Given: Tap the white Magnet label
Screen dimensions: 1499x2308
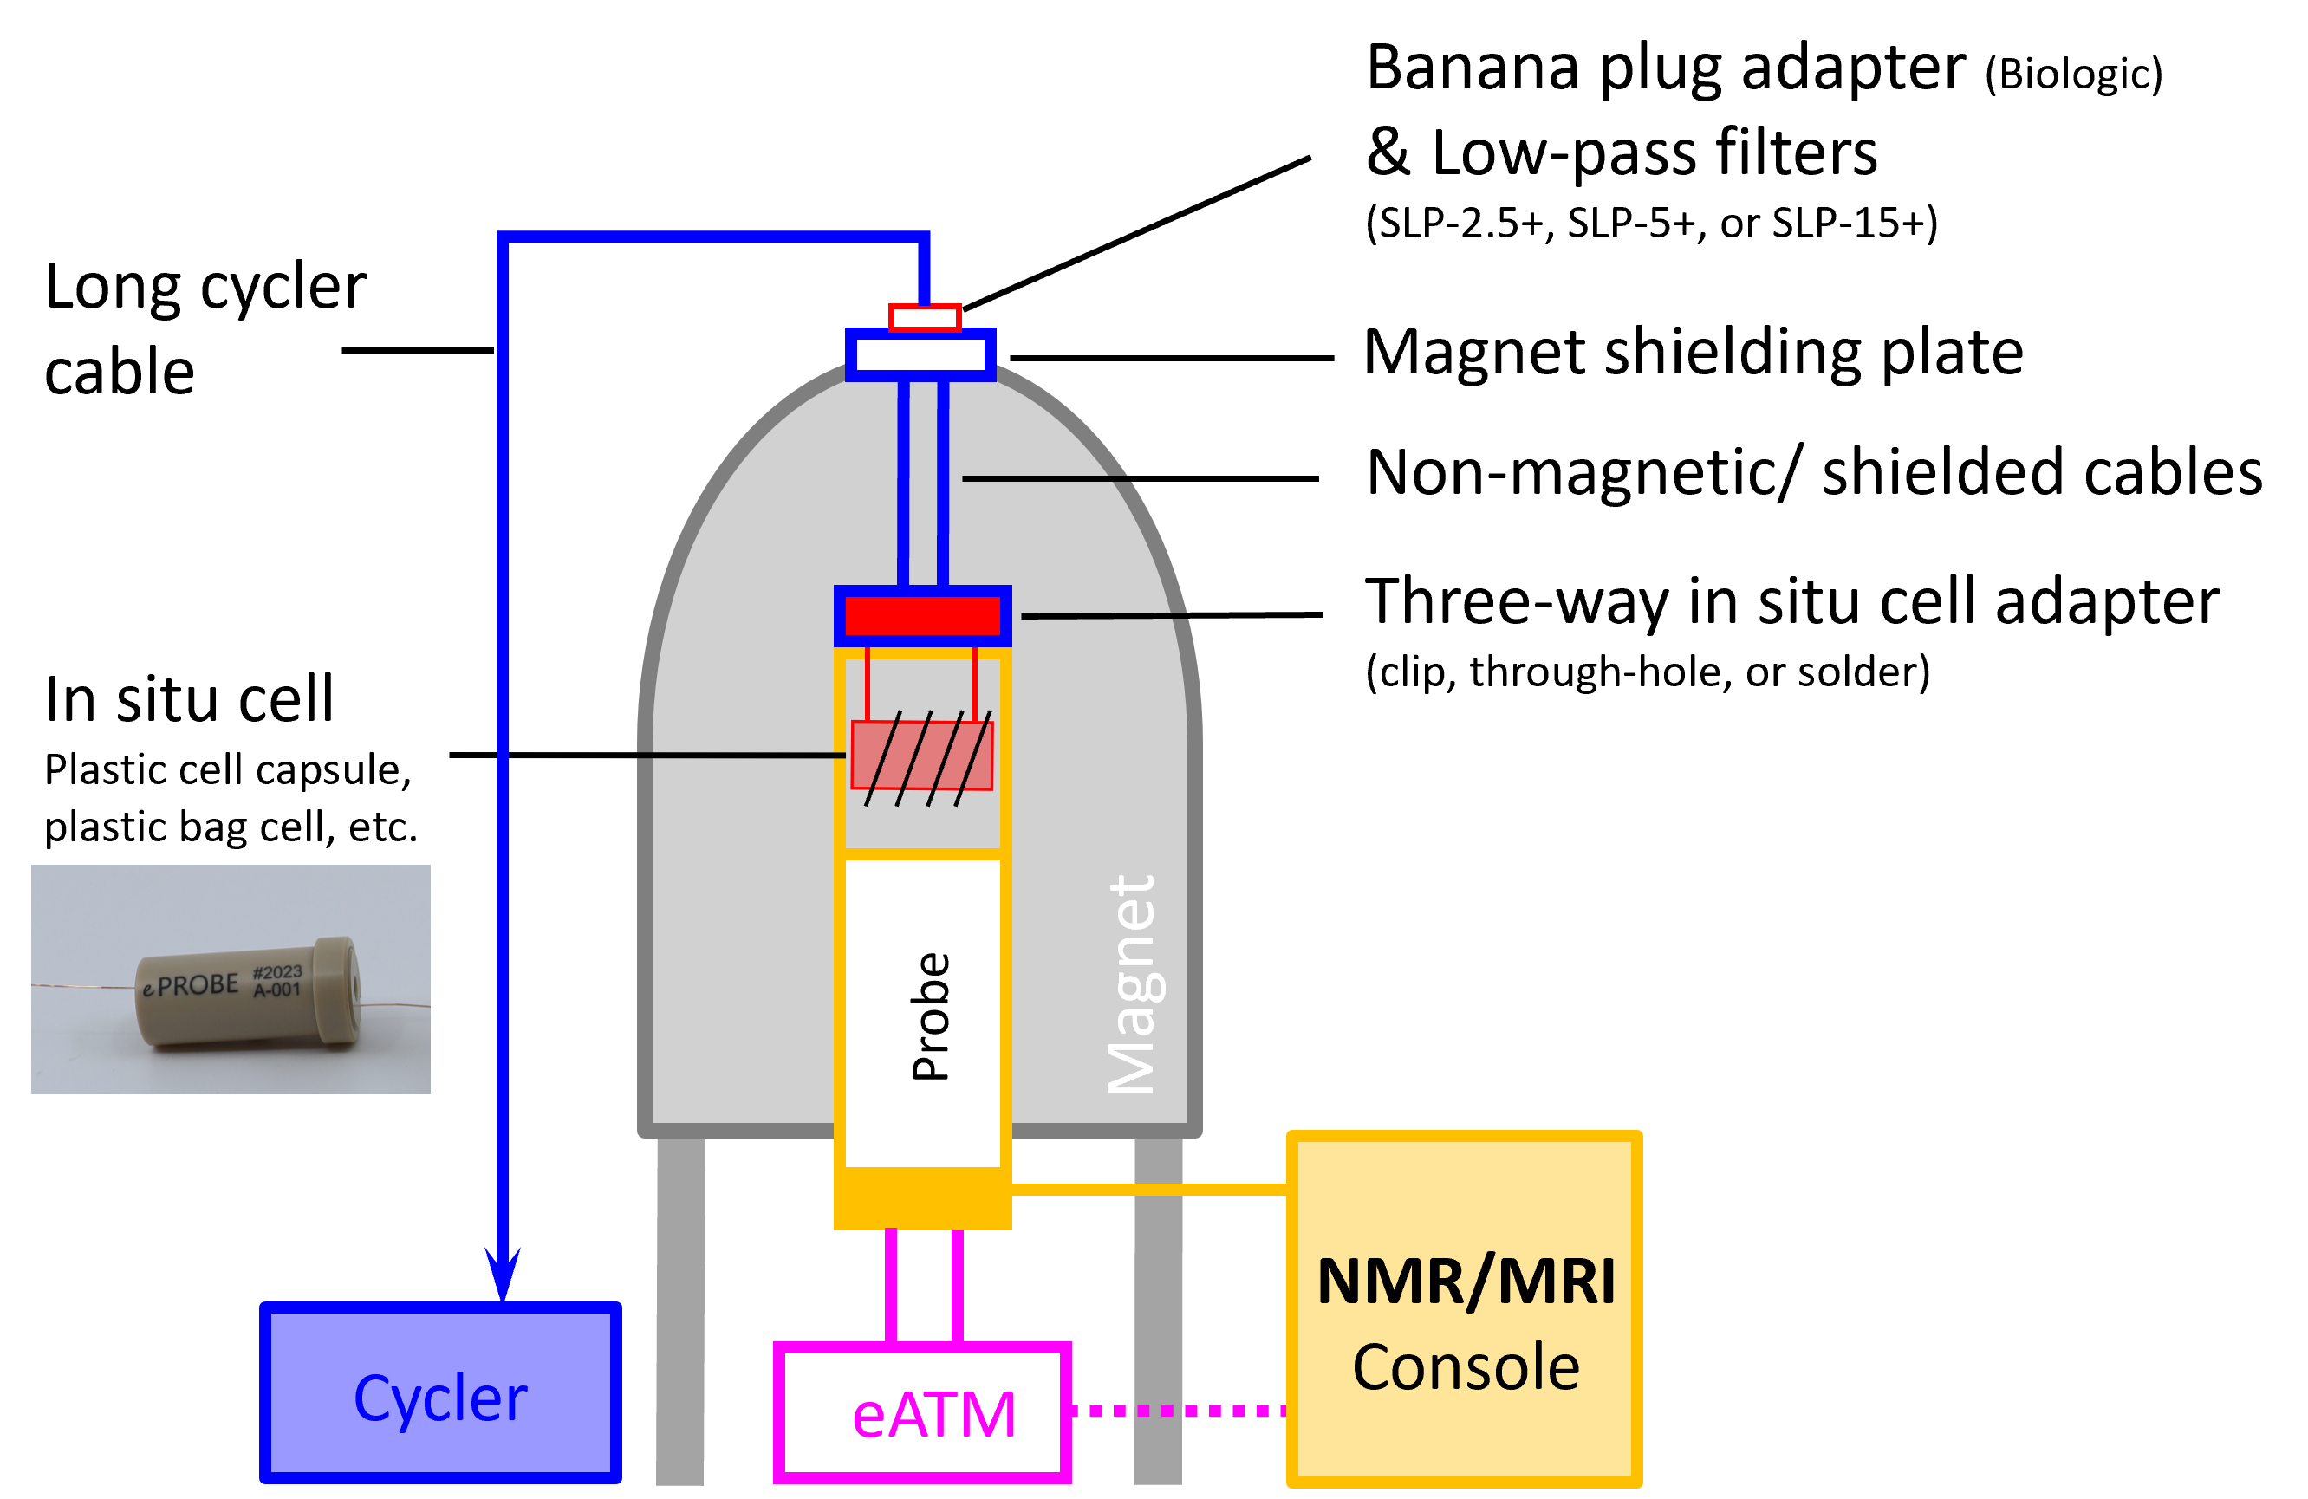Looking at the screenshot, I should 1131,985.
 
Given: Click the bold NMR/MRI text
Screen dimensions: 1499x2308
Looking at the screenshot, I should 1466,1282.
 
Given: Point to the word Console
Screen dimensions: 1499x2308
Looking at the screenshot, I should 1466,1367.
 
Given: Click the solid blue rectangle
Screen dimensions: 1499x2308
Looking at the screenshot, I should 439,1392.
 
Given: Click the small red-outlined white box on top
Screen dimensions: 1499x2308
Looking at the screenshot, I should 925,318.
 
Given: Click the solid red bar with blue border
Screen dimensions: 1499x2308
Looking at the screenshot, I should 922,616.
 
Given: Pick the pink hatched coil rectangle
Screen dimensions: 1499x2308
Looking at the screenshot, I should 921,756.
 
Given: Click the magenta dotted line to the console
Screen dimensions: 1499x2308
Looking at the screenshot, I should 1178,1411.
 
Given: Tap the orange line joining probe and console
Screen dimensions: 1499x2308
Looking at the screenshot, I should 1148,1189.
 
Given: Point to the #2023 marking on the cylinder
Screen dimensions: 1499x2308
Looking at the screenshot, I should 277,972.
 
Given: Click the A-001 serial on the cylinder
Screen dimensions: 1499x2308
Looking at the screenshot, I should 277,991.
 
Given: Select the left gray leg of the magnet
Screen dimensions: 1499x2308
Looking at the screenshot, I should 679,1309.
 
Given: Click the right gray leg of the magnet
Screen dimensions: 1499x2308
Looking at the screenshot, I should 1158,1309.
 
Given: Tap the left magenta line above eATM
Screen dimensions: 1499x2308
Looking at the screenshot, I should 891,1286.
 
